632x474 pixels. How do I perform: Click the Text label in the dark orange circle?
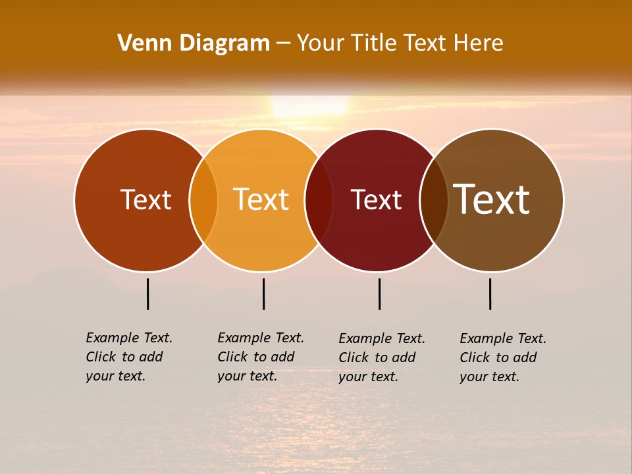point(145,199)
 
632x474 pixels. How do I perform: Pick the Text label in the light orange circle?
point(261,199)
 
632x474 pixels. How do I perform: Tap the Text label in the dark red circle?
point(376,199)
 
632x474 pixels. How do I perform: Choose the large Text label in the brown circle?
point(492,199)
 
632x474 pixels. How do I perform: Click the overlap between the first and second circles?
point(203,200)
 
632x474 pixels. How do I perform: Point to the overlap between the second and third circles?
point(319,200)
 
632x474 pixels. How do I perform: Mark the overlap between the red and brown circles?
point(434,200)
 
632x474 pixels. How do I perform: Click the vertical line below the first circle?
point(148,294)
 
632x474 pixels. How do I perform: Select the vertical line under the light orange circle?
point(263,294)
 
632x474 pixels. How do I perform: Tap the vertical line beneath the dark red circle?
point(379,294)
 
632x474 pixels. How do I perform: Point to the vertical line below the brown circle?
point(490,294)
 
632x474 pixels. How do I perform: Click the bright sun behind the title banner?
point(309,105)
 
